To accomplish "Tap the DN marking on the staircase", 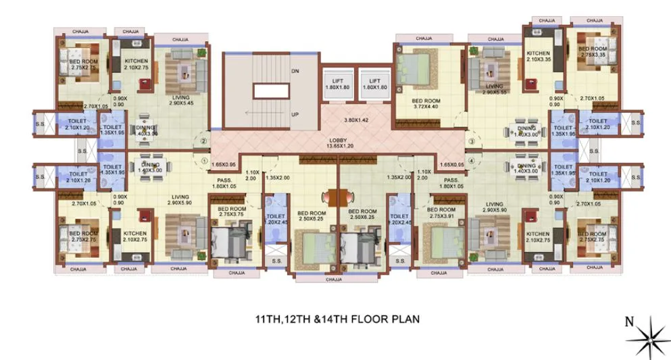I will click(x=295, y=70).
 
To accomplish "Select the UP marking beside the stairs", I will click(x=295, y=114).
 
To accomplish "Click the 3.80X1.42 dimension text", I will click(x=358, y=120).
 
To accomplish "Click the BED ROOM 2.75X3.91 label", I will click(x=442, y=213).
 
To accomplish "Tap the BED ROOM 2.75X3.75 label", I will click(x=230, y=213).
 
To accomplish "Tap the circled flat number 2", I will click(x=202, y=142).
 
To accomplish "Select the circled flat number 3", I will click(x=471, y=142).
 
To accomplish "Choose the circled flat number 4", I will click(x=471, y=161).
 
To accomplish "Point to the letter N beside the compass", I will click(x=628, y=322).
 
